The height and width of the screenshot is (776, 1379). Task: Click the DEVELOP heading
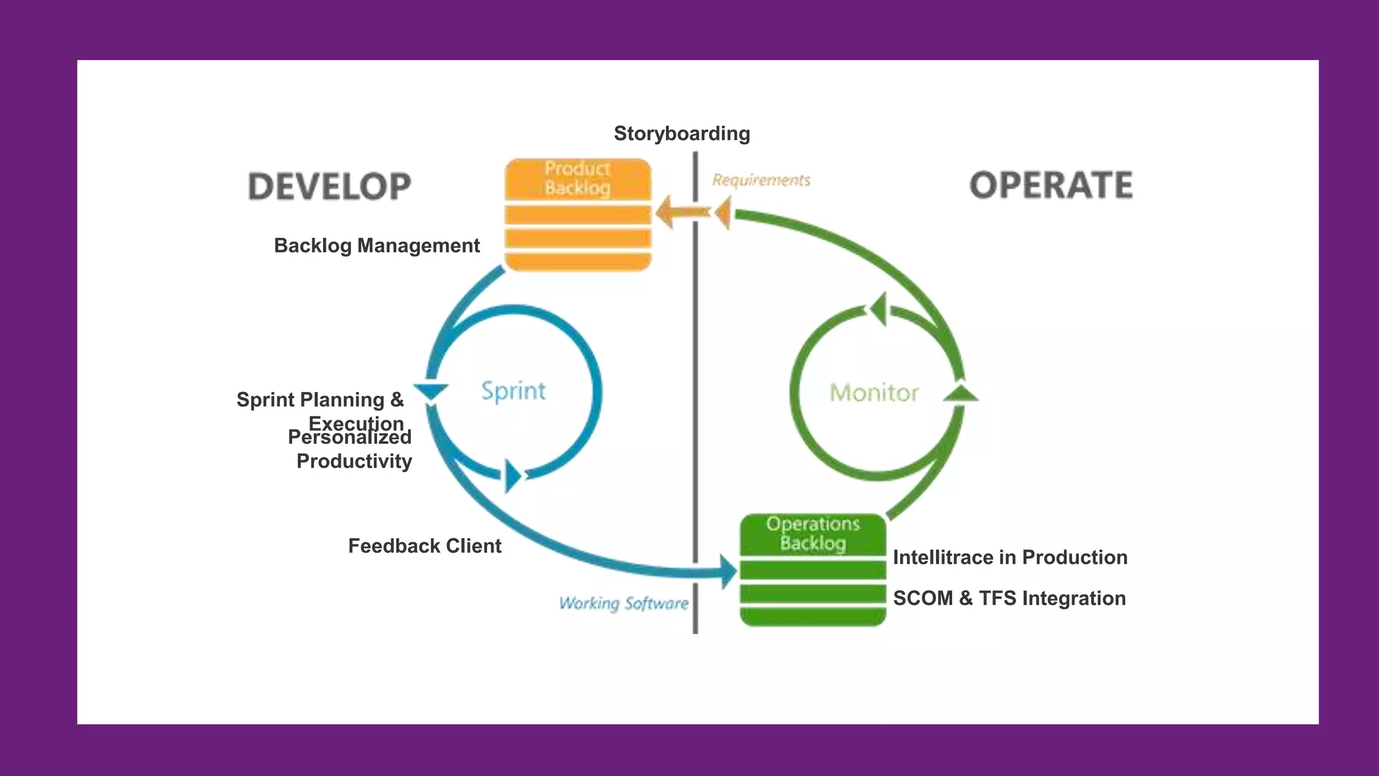329,187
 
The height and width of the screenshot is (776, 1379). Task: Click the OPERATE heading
1050,185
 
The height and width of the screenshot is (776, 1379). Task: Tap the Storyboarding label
681,133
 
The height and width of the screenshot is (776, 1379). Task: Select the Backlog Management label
376,245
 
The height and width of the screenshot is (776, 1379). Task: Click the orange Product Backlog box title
578,178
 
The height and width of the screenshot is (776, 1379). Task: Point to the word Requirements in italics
761,180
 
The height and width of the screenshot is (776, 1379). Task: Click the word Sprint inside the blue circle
513,391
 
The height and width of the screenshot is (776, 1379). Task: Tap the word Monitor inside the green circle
873,392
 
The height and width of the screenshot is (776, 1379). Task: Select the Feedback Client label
424,546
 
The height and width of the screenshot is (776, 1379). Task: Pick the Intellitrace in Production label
1009,557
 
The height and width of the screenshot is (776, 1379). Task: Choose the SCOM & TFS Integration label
1009,598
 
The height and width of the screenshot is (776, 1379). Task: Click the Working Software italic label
624,603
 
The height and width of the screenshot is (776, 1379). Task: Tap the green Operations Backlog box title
813,533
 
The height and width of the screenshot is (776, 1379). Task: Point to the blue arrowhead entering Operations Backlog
729,572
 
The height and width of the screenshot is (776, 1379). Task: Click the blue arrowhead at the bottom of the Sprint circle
512,476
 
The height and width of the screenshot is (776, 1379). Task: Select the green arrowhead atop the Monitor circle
878,309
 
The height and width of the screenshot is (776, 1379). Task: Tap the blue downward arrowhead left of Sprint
430,391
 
